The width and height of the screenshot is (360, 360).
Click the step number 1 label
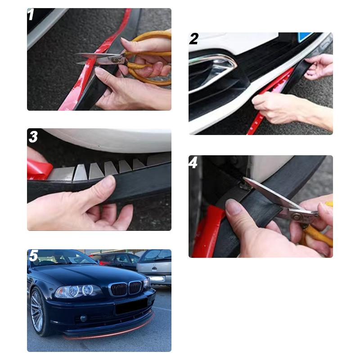pos(31,15)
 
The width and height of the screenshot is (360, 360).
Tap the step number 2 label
pos(193,39)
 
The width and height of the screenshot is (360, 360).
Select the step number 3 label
pos(33,137)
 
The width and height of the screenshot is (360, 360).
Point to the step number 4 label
pos(193,162)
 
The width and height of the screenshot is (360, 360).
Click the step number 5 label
pos(33,256)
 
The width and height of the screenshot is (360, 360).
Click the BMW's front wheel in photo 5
pos(38,311)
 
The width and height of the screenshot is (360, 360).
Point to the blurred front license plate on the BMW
pos(131,307)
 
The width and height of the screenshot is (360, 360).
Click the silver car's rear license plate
pos(158,279)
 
